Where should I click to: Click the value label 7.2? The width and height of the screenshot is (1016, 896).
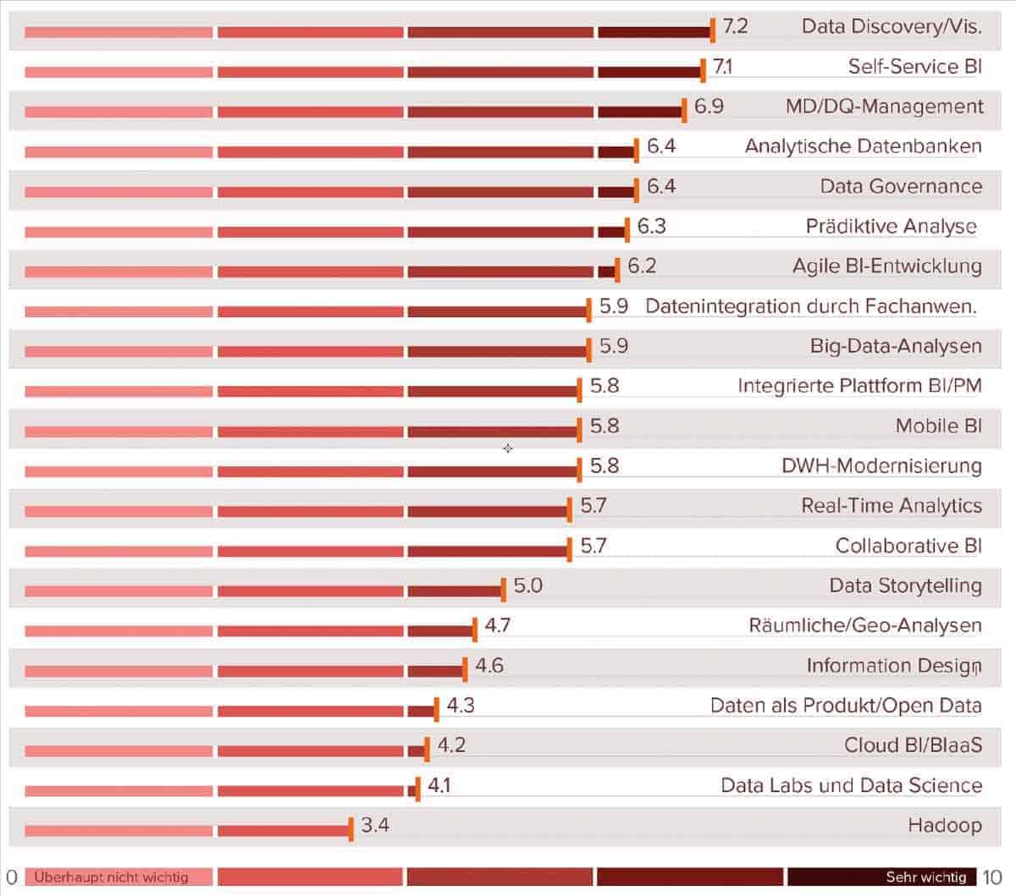(735, 25)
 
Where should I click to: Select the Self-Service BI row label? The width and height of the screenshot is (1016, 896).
(914, 66)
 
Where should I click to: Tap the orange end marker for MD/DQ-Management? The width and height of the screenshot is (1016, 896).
(684, 110)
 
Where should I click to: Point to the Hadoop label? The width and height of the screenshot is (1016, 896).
(945, 825)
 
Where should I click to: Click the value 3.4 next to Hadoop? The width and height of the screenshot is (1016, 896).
(375, 824)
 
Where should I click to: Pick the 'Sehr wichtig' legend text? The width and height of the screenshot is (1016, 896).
(925, 877)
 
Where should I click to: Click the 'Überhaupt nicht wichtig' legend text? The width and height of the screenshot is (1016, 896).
(111, 877)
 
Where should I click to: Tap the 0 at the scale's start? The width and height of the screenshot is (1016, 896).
(12, 877)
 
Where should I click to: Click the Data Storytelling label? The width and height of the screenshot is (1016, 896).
(905, 585)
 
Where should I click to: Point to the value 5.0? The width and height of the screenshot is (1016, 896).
(527, 585)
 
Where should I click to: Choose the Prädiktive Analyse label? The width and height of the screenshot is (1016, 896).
(891, 226)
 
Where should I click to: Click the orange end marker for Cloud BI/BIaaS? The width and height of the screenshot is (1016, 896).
(427, 749)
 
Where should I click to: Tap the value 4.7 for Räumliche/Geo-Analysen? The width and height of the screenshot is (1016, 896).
(497, 625)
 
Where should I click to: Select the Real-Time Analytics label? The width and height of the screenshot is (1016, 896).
(892, 506)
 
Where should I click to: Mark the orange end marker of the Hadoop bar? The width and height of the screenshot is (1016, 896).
(351, 829)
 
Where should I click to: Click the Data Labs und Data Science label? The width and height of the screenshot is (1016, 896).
(851, 785)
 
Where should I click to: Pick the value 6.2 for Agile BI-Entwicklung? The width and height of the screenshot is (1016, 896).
(642, 266)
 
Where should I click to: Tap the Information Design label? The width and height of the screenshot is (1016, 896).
(893, 666)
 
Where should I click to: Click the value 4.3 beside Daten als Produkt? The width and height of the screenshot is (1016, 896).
(461, 705)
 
